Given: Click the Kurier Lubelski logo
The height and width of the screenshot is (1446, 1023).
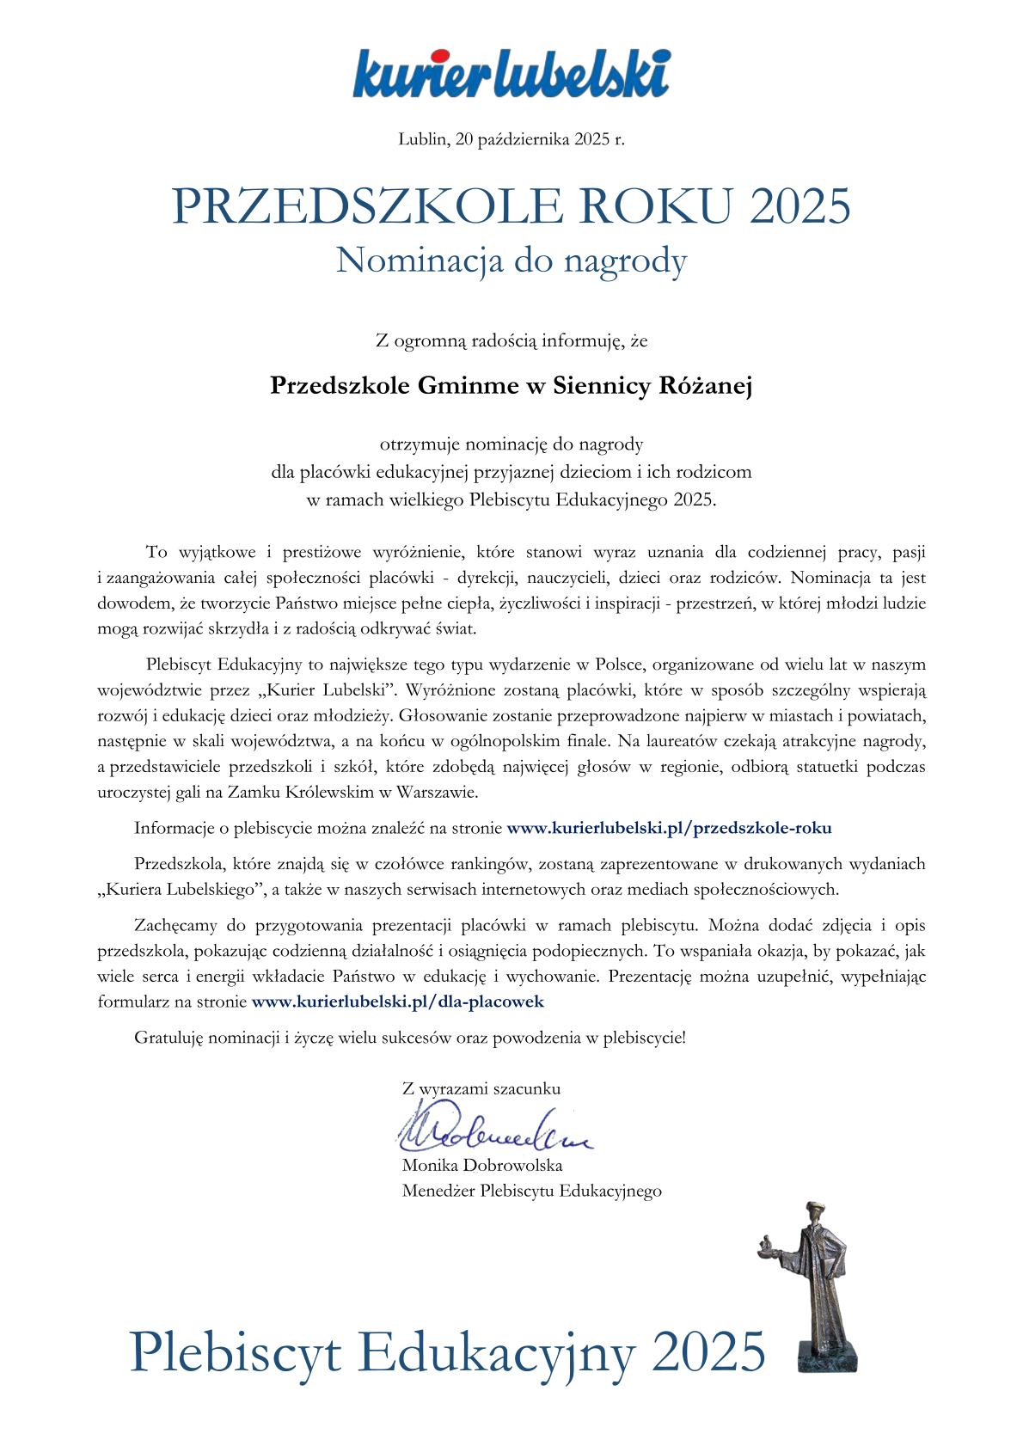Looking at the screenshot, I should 512,72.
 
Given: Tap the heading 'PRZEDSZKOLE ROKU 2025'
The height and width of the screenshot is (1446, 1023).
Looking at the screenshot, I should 512,206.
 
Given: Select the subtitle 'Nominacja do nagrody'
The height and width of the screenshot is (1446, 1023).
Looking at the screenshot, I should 512,260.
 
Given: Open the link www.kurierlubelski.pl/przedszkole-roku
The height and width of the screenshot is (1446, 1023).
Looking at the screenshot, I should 670,829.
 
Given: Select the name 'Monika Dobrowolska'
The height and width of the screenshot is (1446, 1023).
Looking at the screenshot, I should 482,1167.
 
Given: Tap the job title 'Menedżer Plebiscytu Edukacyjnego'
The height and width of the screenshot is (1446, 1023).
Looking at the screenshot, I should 531,1192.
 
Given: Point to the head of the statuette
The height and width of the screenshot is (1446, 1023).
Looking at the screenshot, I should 812,1214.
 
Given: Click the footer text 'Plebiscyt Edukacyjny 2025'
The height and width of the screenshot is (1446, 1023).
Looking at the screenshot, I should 447,1350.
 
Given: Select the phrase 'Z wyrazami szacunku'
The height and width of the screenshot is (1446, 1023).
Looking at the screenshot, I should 481,1088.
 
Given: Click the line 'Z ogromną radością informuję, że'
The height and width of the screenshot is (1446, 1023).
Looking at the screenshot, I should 512,341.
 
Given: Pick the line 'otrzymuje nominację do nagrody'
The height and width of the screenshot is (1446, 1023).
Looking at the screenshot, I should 512,444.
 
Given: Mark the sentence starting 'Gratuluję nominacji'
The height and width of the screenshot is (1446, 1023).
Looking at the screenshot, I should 410,1037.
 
